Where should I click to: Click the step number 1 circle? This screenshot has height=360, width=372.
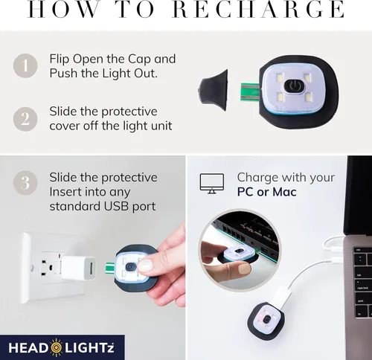pyautogui.click(x=25, y=66)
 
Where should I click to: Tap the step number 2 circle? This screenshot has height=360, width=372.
pyautogui.click(x=25, y=119)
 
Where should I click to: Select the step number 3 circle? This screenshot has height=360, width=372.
pyautogui.click(x=25, y=183)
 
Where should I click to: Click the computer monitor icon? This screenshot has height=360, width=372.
pyautogui.click(x=212, y=184)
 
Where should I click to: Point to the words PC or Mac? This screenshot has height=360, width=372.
pyautogui.click(x=266, y=192)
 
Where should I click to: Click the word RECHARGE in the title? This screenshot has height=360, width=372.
pyautogui.click(x=258, y=9)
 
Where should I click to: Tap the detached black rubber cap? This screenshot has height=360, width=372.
pyautogui.click(x=213, y=90)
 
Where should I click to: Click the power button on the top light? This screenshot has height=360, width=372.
pyautogui.click(x=294, y=86)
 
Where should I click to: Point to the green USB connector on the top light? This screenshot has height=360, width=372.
pyautogui.click(x=250, y=92)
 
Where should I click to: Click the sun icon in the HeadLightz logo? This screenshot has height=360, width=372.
pyautogui.click(x=57, y=347)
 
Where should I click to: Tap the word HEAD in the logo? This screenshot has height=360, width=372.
pyautogui.click(x=28, y=348)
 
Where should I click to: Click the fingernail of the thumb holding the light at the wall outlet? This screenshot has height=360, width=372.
pyautogui.click(x=145, y=266)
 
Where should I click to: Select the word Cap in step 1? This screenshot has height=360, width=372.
pyautogui.click(x=139, y=60)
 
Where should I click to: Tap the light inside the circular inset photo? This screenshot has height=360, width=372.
pyautogui.click(x=237, y=255)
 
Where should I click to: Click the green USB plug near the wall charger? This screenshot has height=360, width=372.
pyautogui.click(x=109, y=268)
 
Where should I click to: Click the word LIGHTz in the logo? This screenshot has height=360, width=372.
pyautogui.click(x=89, y=348)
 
